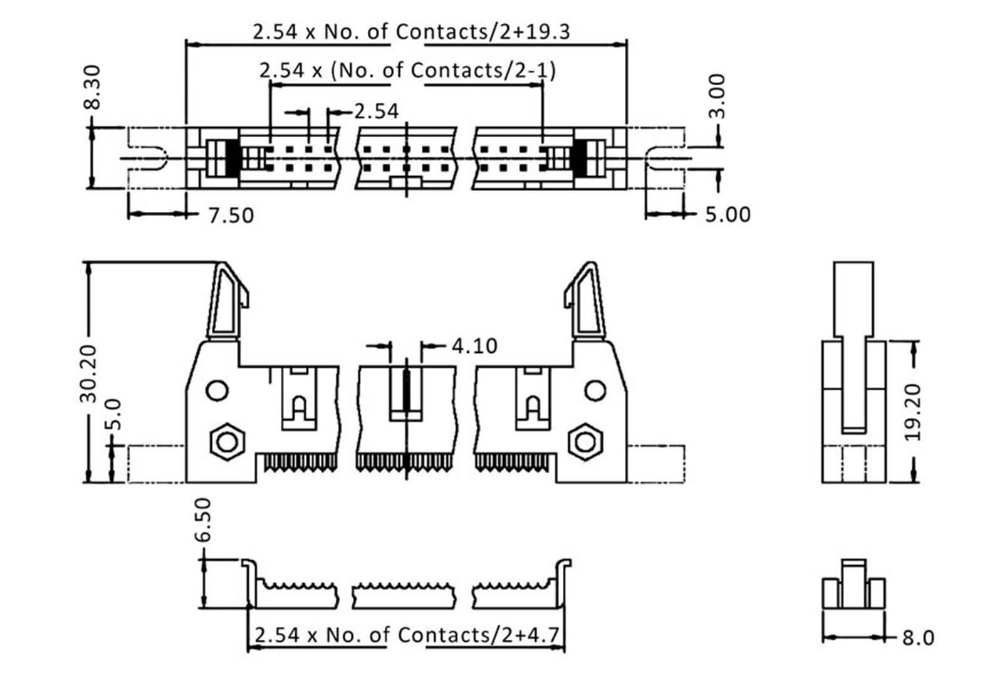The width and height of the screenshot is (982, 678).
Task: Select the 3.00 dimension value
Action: tap(718, 96)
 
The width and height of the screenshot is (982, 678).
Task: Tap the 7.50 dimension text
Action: tap(231, 216)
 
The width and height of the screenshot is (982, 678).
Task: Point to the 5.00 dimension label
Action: tap(728, 214)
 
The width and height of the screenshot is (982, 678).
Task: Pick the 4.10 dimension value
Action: tap(474, 346)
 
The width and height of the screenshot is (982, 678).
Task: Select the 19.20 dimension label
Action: tap(913, 412)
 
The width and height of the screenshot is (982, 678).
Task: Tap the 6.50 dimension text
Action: tap(203, 519)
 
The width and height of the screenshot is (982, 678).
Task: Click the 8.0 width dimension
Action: tap(918, 638)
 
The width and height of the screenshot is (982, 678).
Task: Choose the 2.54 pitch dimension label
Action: tap(376, 112)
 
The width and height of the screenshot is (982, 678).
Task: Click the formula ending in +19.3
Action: tap(411, 31)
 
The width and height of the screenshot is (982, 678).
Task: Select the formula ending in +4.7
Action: tap(406, 635)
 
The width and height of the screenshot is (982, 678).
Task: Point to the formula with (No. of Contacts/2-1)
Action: tap(407, 70)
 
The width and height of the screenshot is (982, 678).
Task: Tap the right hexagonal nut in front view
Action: tap(585, 442)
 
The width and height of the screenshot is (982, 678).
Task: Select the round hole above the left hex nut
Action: tap(217, 391)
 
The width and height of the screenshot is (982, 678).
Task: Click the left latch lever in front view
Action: tap(229, 301)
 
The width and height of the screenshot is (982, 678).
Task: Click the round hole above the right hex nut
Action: tap(595, 391)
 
